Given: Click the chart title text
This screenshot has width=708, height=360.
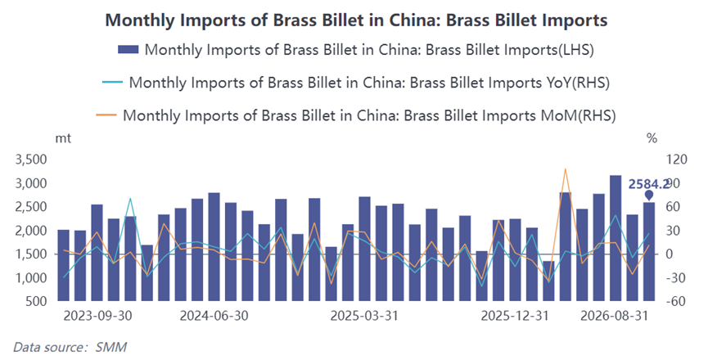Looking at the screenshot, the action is coord(356,20).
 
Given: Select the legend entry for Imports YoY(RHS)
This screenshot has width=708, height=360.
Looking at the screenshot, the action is coord(356,83).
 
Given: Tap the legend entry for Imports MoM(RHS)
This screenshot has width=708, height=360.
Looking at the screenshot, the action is coord(356,115).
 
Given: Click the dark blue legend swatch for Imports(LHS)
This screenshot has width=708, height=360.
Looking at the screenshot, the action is coord(129,49).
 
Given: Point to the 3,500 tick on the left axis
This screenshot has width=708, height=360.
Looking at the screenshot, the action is coord(31,160).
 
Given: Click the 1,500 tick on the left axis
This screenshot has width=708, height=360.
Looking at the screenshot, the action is coord(31,254).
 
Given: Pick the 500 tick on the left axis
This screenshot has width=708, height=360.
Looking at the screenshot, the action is coord(37,301).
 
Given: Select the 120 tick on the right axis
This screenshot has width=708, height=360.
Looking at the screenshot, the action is coord(676,160).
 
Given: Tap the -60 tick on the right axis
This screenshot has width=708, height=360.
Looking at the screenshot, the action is coord(676,301).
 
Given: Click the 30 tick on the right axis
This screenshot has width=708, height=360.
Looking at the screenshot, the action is coord(673,231).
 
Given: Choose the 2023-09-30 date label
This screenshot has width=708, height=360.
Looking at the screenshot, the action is coord(98,315).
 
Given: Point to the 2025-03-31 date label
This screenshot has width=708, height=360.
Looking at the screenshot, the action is coord(364,315).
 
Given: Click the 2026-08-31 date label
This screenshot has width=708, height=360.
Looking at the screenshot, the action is coord(614,315).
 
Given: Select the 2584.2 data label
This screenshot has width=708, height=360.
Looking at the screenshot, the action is coord(649,184).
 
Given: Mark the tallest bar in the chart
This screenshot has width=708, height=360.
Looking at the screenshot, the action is coord(616,238).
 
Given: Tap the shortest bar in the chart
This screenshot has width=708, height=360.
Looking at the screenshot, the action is coord(548,281).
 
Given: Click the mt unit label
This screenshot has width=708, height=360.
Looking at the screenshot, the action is coord(63,138).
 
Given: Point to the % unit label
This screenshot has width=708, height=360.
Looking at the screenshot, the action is coord(652,138).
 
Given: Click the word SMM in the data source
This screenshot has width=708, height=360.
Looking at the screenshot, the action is coord(111,347).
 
